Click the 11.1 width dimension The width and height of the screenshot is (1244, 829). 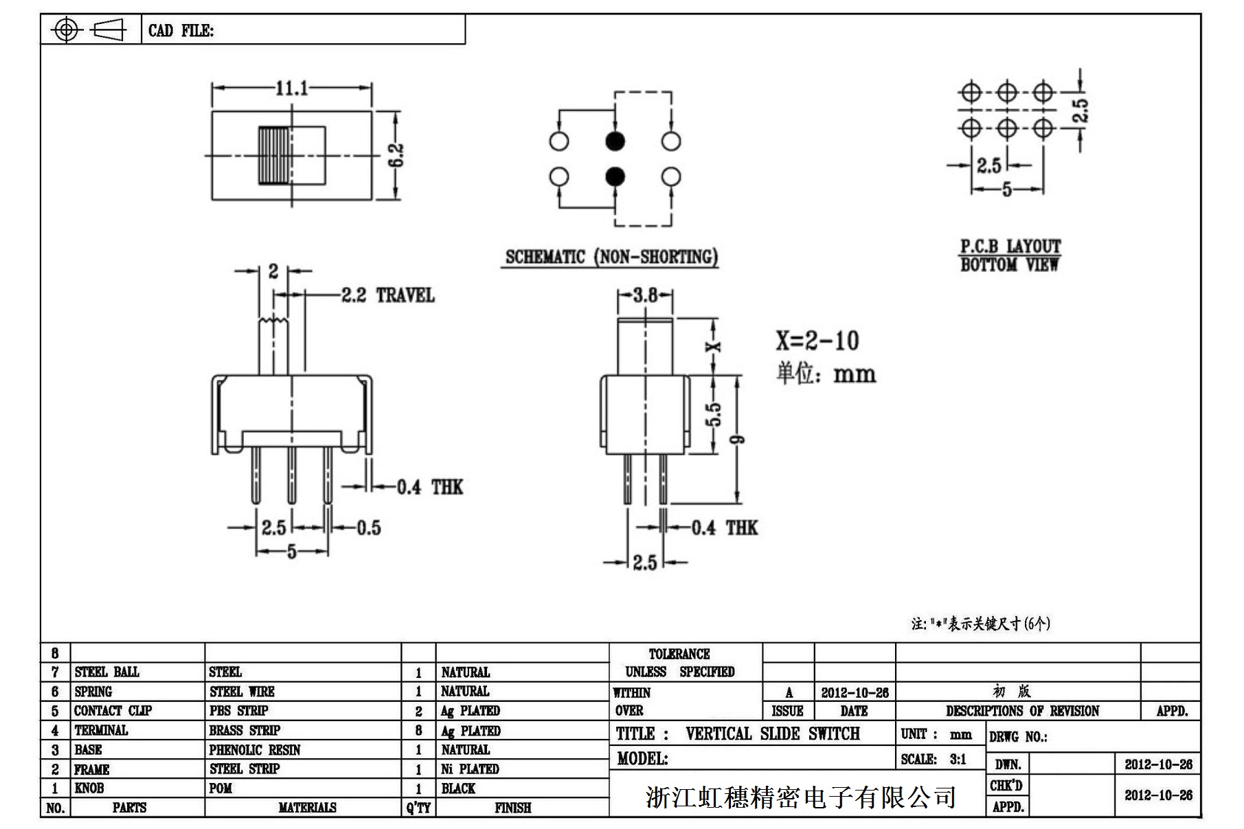click(x=291, y=88)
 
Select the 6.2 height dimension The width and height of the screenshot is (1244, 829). click(x=397, y=157)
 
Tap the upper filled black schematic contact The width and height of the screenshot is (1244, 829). click(x=615, y=141)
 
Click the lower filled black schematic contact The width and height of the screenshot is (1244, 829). click(x=615, y=177)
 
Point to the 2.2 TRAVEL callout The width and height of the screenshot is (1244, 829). click(x=387, y=296)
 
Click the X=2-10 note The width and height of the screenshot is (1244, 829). click(x=817, y=341)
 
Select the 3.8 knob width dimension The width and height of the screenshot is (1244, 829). click(x=644, y=295)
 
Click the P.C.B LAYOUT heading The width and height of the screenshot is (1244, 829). click(x=1010, y=247)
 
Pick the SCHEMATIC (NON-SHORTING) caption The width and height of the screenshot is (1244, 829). click(x=611, y=257)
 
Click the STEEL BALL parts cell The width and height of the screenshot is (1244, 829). click(x=106, y=672)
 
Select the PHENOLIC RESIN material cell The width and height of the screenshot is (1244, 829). click(x=254, y=750)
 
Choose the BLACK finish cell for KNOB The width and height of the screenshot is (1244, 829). click(x=458, y=788)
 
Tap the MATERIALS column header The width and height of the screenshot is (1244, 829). click(x=307, y=808)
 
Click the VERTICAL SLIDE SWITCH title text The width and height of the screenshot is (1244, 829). click(x=772, y=734)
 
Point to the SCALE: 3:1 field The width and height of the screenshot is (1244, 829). click(x=934, y=759)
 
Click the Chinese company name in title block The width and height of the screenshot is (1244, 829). click(x=800, y=797)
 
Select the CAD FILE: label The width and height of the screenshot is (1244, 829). click(x=181, y=30)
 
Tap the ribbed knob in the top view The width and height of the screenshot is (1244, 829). click(x=273, y=155)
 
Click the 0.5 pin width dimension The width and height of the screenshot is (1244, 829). click(x=368, y=527)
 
